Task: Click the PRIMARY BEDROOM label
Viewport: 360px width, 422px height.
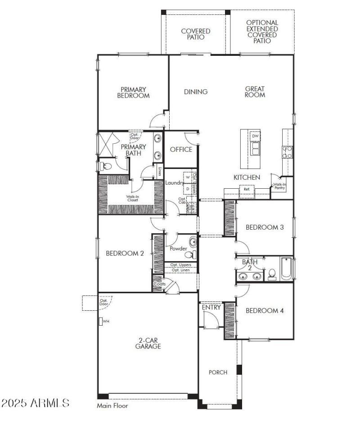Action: pos(133,92)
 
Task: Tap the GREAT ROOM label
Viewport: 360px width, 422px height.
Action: pos(255,92)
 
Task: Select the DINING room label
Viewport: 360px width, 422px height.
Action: pos(196,92)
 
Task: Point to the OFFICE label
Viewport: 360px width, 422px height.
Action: pos(181,150)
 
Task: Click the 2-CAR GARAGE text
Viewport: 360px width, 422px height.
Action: pos(148,343)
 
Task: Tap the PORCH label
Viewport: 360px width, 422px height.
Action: pos(218,372)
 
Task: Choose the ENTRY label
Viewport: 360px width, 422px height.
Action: pos(211,308)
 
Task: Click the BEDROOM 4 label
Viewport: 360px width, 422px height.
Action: pos(265,311)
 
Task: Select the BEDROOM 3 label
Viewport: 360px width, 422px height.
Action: pos(265,227)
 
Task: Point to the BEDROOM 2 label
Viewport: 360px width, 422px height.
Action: pos(125,253)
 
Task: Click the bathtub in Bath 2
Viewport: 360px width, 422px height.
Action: pos(286,269)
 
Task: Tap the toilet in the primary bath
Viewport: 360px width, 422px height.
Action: pos(105,166)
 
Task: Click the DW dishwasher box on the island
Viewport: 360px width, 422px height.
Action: pos(255,136)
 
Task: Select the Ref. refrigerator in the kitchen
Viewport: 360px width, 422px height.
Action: pos(247,190)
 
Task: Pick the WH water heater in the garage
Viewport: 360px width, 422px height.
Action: pos(102,322)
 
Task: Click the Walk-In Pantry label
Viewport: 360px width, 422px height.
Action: pos(279,186)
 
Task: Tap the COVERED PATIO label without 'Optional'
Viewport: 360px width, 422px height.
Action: pos(196,34)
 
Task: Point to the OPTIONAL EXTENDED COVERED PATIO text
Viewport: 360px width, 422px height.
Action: pos(262,32)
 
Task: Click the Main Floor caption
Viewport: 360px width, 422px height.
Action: pos(112,406)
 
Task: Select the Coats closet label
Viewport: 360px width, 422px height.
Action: pos(159,284)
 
